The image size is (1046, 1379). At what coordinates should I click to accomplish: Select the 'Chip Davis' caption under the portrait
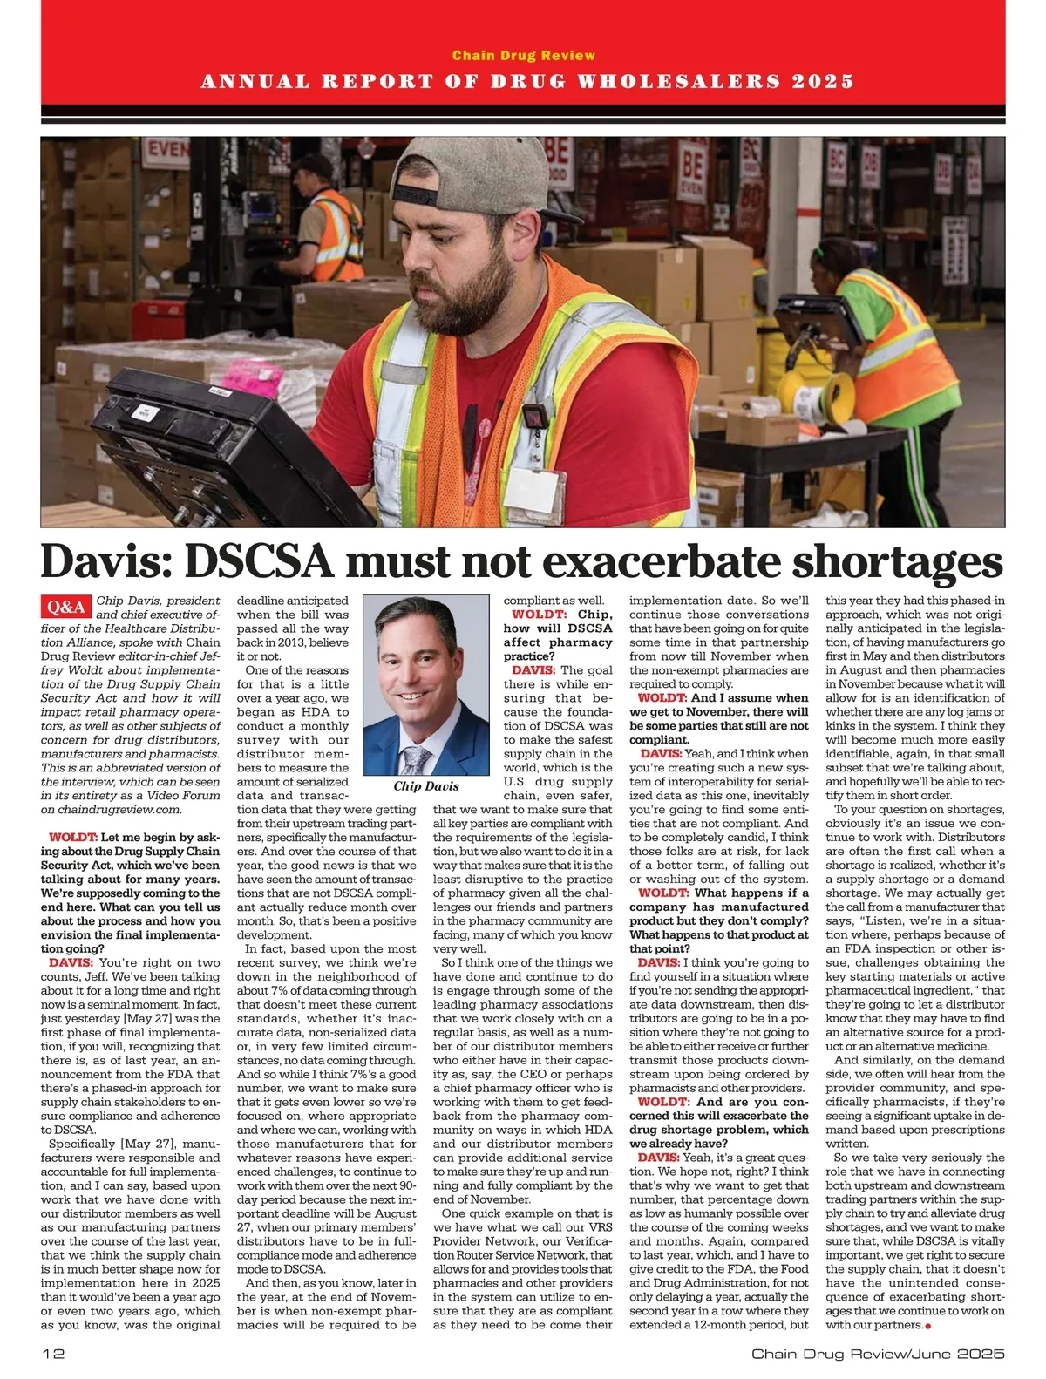425,785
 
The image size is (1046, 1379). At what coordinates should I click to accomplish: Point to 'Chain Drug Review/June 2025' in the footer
878,1354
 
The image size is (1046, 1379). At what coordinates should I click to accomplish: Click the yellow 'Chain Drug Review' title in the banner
523,56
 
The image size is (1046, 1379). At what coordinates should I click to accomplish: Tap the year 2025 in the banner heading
823,82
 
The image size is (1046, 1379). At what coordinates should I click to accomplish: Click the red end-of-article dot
928,1326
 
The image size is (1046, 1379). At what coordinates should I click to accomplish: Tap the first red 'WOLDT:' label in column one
72,838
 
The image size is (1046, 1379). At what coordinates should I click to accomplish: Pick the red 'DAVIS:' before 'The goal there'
533,670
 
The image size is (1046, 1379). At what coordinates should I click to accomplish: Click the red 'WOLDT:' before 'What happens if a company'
663,893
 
